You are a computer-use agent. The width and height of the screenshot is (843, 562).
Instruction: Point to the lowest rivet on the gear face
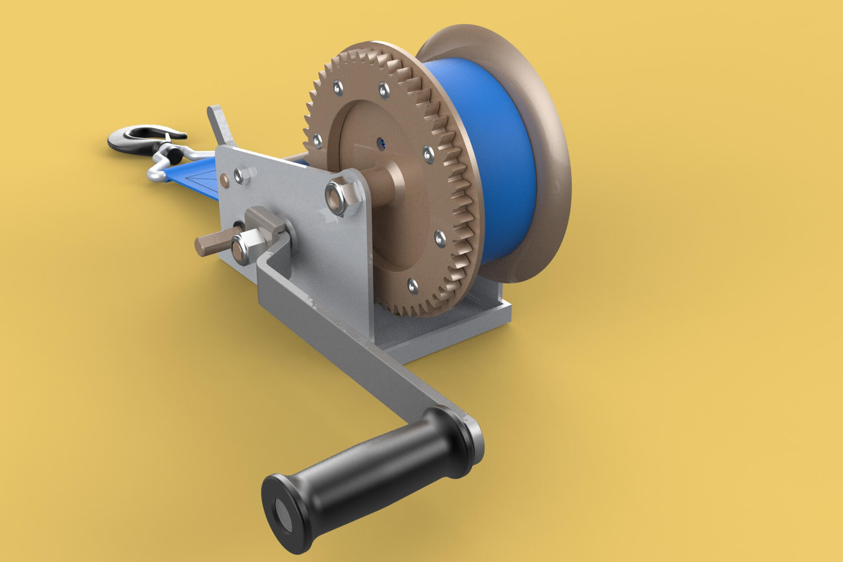(413, 286)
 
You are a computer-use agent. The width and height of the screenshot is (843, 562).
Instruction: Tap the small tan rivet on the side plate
(225, 179)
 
